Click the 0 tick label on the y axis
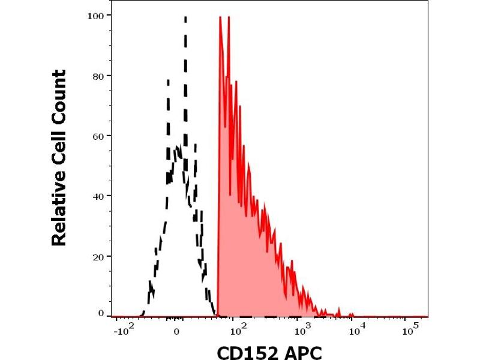click(101, 313)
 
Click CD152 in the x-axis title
click(245, 350)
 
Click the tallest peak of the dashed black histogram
click(185, 18)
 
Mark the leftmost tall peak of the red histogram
click(220, 18)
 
